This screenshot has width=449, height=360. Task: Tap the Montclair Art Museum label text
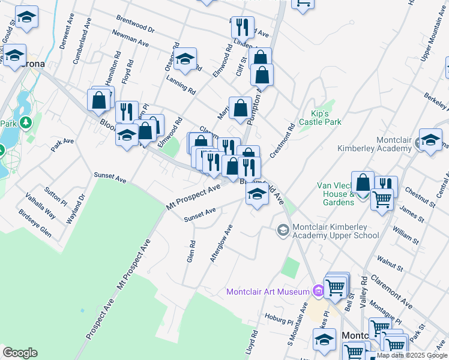[x=268, y=292]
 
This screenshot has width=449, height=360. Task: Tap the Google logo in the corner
[x=20, y=353]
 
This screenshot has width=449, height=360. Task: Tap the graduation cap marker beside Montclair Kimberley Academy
[x=430, y=140]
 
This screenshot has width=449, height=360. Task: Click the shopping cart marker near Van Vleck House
[x=382, y=199]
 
